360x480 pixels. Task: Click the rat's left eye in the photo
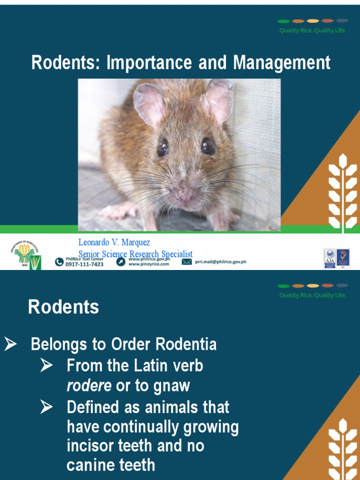[x=163, y=147]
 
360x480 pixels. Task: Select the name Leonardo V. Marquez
[x=114, y=243]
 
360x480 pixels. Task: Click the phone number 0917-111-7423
[x=84, y=264]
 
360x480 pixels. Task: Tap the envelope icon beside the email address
[x=187, y=262]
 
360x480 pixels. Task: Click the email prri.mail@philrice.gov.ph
[x=220, y=262]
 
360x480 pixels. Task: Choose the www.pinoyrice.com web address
[x=149, y=264]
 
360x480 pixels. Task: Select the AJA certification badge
[x=330, y=258]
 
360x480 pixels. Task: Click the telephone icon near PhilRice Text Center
[x=59, y=262]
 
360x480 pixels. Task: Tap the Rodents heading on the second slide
[x=63, y=307]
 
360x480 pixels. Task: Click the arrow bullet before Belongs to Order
[x=11, y=345]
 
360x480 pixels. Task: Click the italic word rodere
[x=89, y=386]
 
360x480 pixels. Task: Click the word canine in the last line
[x=89, y=465]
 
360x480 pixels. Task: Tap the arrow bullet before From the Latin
[x=46, y=365]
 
